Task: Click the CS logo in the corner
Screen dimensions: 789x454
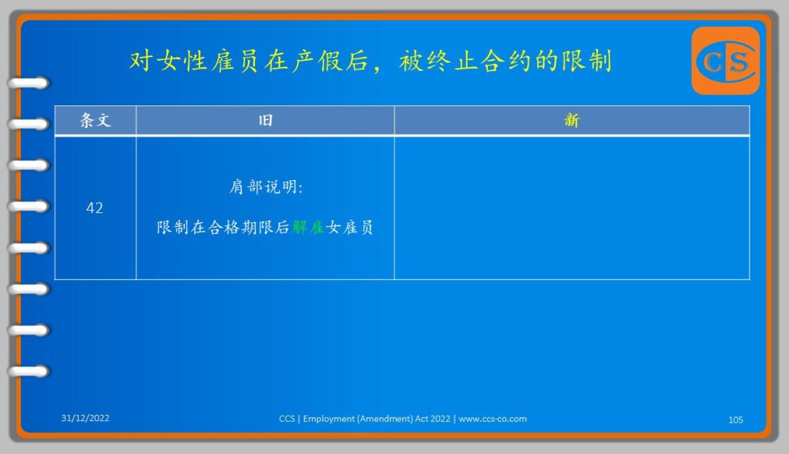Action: click(x=726, y=61)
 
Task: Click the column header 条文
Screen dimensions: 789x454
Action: click(x=95, y=120)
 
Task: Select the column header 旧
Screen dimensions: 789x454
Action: click(x=265, y=120)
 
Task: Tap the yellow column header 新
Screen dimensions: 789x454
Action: click(x=572, y=120)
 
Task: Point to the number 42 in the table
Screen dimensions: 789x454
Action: click(x=95, y=208)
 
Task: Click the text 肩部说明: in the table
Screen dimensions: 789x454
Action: click(x=266, y=187)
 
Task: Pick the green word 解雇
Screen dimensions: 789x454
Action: click(x=308, y=227)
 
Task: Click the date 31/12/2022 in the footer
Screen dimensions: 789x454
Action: click(x=85, y=418)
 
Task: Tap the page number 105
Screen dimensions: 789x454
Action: click(x=736, y=420)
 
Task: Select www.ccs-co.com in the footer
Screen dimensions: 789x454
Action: click(x=492, y=419)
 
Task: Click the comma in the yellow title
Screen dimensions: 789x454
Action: click(x=377, y=68)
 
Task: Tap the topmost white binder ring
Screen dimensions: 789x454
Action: click(x=29, y=83)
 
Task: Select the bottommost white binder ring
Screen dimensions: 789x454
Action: click(x=29, y=372)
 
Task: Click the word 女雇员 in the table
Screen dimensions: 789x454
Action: click(x=349, y=227)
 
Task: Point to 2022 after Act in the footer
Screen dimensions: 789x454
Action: click(x=440, y=419)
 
